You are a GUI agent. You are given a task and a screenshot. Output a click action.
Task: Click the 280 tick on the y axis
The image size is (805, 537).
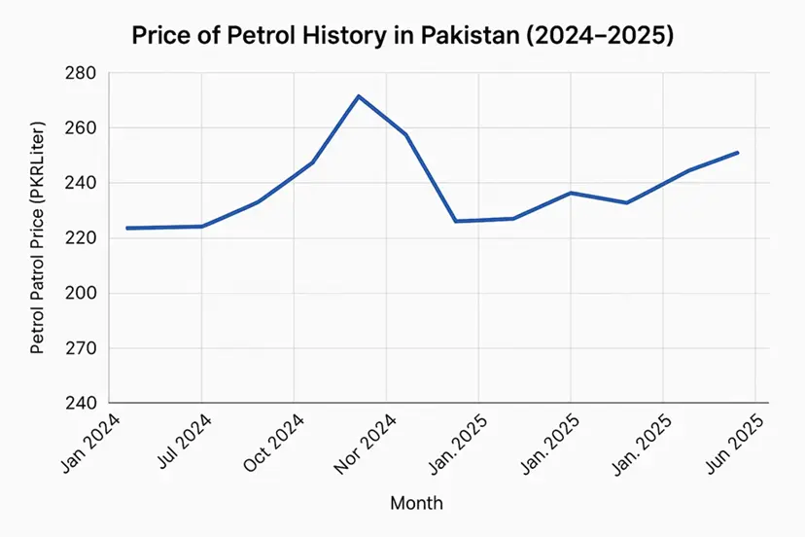point(85,74)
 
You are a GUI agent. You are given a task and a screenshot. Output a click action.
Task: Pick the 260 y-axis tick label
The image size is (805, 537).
point(85,128)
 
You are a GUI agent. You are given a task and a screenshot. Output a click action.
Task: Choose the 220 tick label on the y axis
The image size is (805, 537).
point(85,238)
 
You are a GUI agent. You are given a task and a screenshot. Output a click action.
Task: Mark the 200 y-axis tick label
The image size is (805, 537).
point(85,294)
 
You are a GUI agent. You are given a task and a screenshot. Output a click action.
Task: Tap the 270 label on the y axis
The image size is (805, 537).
point(85,348)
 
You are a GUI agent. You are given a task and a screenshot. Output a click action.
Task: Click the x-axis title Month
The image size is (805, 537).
point(416,503)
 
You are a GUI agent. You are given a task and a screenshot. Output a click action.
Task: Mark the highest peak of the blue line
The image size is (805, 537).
point(359,95)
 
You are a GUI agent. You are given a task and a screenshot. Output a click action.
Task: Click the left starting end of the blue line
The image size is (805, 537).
point(127,228)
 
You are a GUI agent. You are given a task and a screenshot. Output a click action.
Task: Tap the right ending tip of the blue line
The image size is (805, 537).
point(738,153)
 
